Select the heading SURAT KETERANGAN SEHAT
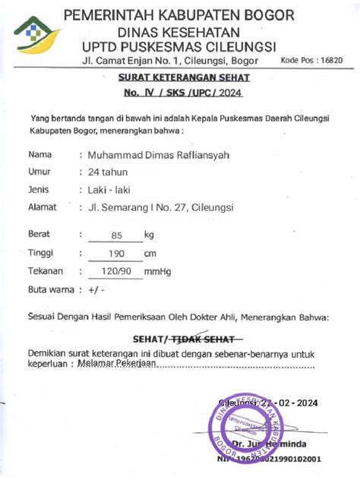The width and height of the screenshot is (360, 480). (x=184, y=77)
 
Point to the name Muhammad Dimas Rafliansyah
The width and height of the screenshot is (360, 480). (x=169, y=155)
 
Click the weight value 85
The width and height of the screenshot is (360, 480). (x=116, y=235)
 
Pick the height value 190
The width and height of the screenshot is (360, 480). (x=116, y=253)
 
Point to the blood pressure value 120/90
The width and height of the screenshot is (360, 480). (x=116, y=270)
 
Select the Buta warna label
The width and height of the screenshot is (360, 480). (x=50, y=289)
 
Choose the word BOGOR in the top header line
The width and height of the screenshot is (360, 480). (x=263, y=15)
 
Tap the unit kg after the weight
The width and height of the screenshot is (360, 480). (x=149, y=235)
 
